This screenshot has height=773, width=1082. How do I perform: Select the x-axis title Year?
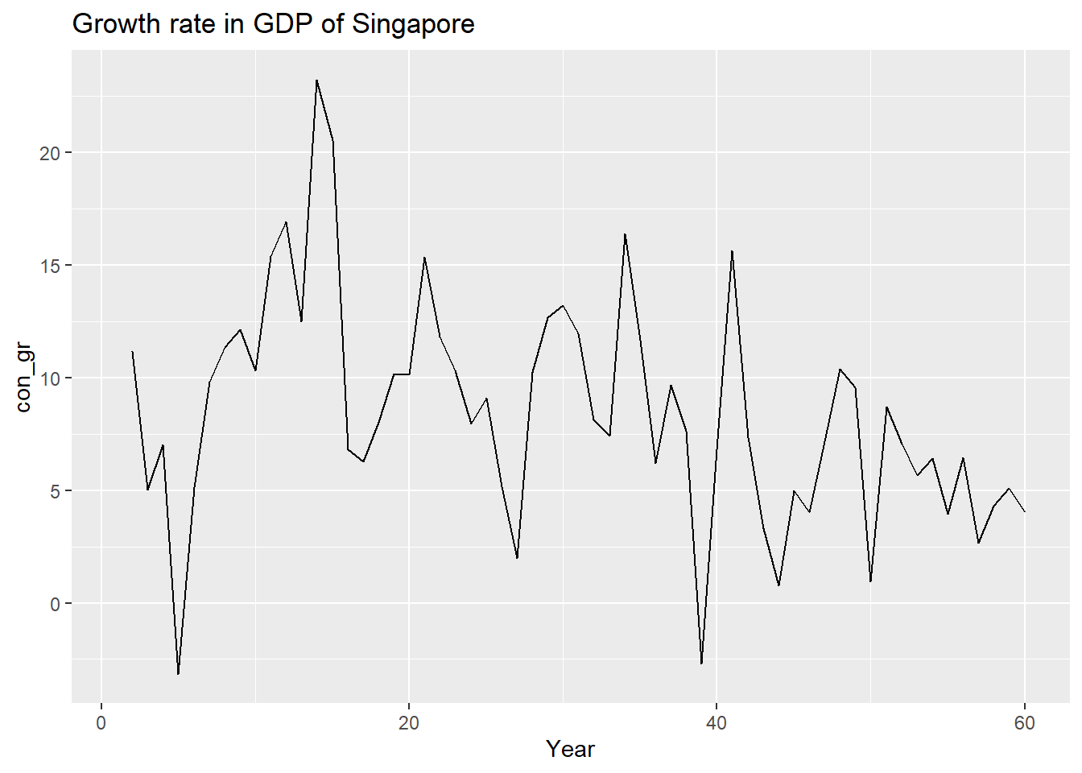tap(570, 749)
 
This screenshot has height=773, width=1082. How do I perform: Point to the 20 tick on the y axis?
tap(50, 153)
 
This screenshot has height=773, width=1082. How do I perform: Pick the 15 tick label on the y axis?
tap(50, 266)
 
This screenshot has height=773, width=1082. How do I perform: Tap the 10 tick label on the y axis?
tap(50, 378)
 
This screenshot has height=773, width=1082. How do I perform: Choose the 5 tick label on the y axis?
tap(55, 491)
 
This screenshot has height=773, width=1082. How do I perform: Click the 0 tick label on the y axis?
tap(55, 604)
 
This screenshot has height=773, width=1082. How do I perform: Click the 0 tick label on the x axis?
tap(101, 723)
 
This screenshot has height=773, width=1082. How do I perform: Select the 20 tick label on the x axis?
tap(409, 723)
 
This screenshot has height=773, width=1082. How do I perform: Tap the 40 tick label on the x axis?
tap(717, 723)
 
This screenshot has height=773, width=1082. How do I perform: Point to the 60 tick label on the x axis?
tap(1024, 723)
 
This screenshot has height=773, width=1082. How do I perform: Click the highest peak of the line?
tap(316, 81)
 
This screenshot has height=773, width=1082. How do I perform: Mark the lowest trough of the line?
tap(178, 674)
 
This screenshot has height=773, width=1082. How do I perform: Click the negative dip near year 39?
tap(701, 664)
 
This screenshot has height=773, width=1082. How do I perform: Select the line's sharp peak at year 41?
tap(732, 251)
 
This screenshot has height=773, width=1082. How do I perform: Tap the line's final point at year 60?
tap(1024, 511)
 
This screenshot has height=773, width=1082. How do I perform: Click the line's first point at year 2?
tap(132, 352)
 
